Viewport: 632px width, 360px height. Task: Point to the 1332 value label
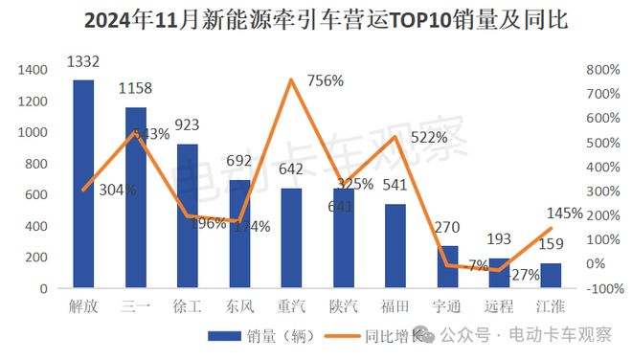point(84,62)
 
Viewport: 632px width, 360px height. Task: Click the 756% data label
point(326,81)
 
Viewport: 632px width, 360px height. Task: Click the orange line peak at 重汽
point(291,79)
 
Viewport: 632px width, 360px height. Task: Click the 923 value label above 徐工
point(187,124)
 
